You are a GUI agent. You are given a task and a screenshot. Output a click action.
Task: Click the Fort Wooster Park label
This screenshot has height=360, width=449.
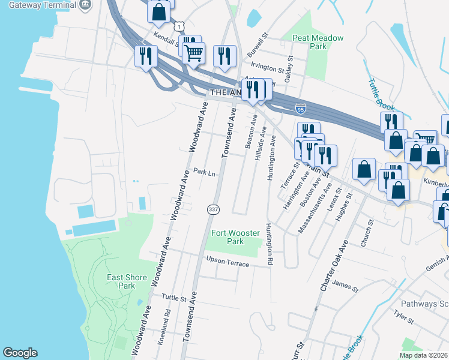tap(228, 237)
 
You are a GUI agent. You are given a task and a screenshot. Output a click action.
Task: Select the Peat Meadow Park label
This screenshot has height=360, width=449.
tap(318, 42)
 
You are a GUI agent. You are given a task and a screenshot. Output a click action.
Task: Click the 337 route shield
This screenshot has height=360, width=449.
tap(212, 209)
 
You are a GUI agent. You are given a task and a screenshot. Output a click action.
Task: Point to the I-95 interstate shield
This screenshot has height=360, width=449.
tap(301, 109)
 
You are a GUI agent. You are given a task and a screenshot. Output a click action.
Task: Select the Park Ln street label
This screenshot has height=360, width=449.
tap(204, 173)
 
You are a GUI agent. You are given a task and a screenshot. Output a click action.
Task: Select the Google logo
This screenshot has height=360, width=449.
tap(20, 353)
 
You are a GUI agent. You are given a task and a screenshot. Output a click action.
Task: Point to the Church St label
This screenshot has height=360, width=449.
tap(366, 231)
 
